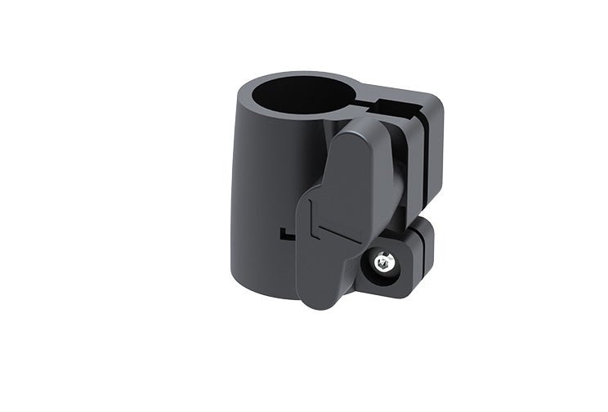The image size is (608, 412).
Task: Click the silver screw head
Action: click(382, 263)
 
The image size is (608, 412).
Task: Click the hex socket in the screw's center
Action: click(382, 263)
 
